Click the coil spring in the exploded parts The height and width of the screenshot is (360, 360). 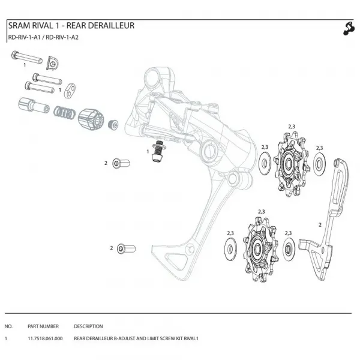pyautogui.click(x=64, y=113)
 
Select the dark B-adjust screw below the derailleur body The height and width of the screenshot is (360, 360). pyautogui.click(x=158, y=151)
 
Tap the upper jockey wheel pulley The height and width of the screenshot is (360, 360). pyautogui.click(x=291, y=164)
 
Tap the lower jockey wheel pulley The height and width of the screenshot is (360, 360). pyautogui.click(x=260, y=249)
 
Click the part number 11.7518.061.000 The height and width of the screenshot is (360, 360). pyautogui.click(x=45, y=338)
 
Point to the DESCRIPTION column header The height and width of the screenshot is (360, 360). pyautogui.click(x=88, y=326)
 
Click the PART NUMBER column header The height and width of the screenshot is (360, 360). pyautogui.click(x=43, y=326)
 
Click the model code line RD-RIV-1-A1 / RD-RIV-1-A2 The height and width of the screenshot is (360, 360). pyautogui.click(x=43, y=37)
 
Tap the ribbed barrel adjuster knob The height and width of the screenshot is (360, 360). pyautogui.click(x=91, y=119)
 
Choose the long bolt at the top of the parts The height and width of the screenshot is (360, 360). pyautogui.click(x=27, y=58)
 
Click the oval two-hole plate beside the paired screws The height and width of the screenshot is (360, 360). pyautogui.click(x=70, y=91)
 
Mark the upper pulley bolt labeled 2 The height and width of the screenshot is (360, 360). pyautogui.click(x=121, y=163)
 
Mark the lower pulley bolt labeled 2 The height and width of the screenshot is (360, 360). pyautogui.click(x=126, y=249)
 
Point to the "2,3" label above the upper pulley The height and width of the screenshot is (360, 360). pyautogui.click(x=292, y=127)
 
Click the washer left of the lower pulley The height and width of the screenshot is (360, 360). pyautogui.click(x=230, y=249)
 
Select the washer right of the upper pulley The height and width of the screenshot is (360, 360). pyautogui.click(x=319, y=164)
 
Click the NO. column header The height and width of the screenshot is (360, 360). pyautogui.click(x=8, y=326)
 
